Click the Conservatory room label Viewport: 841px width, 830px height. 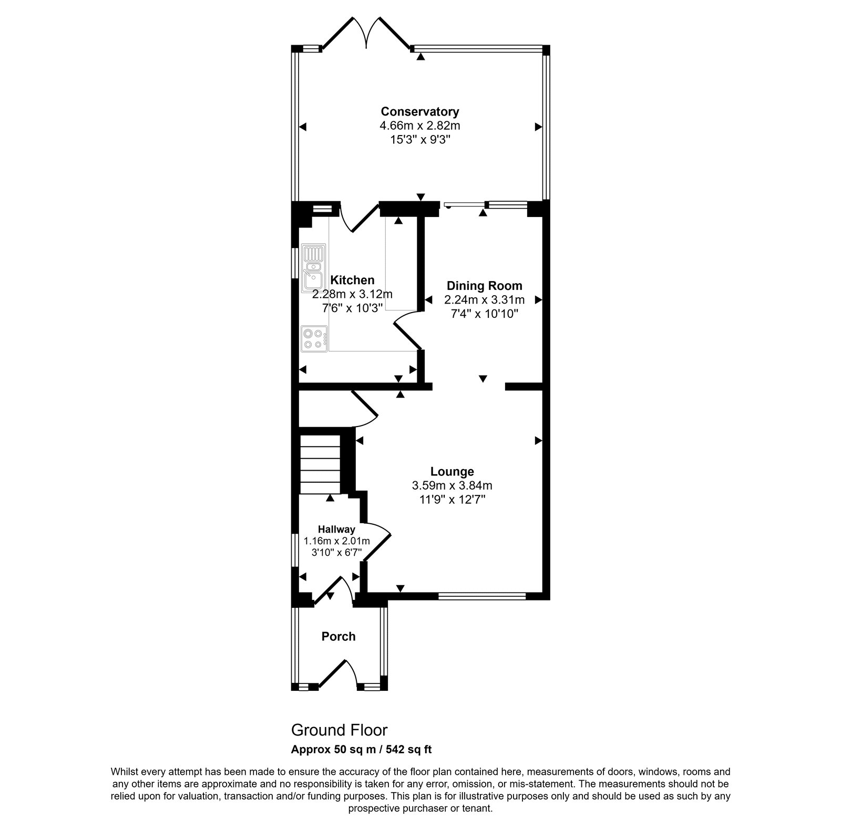click(x=420, y=112)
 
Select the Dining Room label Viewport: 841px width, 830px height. click(x=484, y=286)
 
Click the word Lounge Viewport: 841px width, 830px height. click(x=452, y=472)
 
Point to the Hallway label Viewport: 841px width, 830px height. click(x=336, y=530)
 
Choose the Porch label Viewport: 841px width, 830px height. click(x=339, y=637)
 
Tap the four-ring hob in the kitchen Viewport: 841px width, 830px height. click(x=314, y=338)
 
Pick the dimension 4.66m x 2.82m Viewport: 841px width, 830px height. click(x=420, y=126)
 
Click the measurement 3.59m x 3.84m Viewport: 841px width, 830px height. click(x=452, y=486)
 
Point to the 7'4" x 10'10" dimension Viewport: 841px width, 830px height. click(x=484, y=314)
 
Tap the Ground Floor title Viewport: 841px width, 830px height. click(x=339, y=730)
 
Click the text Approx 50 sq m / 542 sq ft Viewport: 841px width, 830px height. click(x=361, y=749)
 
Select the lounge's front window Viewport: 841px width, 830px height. click(x=481, y=596)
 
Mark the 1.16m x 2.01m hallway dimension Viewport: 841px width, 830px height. click(x=336, y=541)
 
